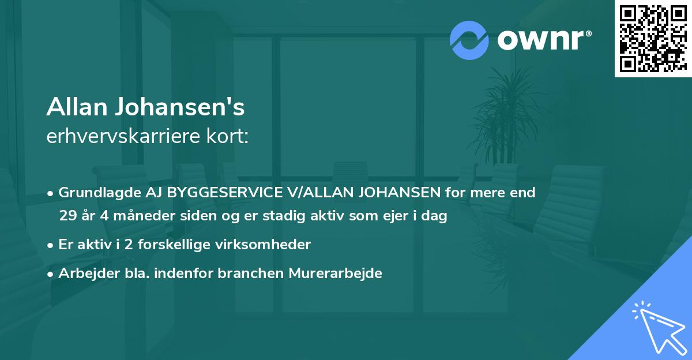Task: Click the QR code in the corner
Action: point(652,39)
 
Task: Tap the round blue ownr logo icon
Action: point(469,40)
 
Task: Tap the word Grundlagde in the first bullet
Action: point(92,192)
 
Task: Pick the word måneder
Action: point(137,216)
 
